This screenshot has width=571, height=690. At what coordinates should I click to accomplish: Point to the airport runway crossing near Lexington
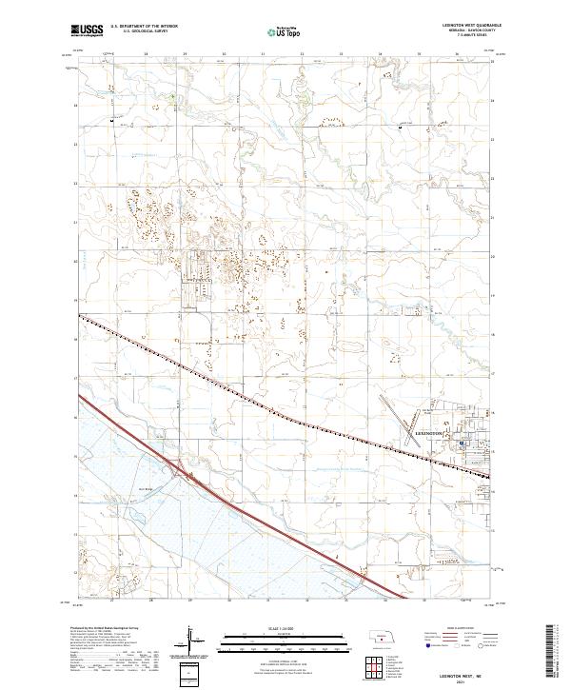pyautogui.click(x=420, y=413)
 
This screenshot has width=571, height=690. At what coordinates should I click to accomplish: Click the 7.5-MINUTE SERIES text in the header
pyautogui.click(x=469, y=35)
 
